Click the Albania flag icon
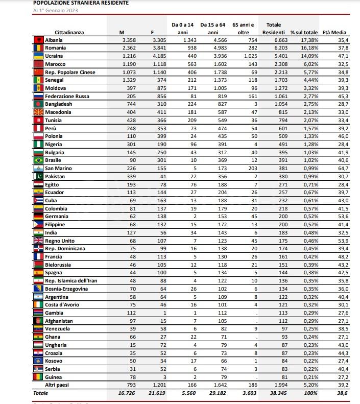38,39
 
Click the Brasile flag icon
38,160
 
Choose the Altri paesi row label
58,385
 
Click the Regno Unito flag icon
38,240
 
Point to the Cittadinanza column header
69,32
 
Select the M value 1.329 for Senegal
129,80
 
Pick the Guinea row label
54,376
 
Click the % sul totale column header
304,32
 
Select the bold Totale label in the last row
40,393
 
